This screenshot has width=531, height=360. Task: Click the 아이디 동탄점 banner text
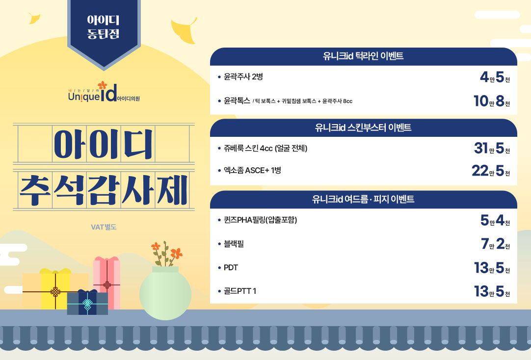(103, 26)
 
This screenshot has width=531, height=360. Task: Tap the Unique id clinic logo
(104, 92)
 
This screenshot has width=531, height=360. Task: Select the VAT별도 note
(104, 227)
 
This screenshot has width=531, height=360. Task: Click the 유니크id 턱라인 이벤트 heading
(363, 56)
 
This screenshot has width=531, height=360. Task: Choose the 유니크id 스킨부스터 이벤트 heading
(363, 128)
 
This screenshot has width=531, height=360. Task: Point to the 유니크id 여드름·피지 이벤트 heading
(363, 199)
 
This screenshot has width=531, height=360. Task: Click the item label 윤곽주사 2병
(243, 77)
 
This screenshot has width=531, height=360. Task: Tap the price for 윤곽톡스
(492, 101)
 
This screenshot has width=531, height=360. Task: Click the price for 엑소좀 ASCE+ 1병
(491, 171)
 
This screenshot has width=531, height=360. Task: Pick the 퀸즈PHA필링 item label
(260, 220)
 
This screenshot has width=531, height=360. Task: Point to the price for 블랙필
(496, 244)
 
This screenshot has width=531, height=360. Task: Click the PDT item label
(231, 268)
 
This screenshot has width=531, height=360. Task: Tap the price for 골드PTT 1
(492, 291)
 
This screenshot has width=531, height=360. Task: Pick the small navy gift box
(87, 302)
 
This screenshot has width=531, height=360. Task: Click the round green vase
(165, 294)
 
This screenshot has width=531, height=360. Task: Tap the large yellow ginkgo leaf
(184, 30)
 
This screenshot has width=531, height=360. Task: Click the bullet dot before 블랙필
(219, 244)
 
